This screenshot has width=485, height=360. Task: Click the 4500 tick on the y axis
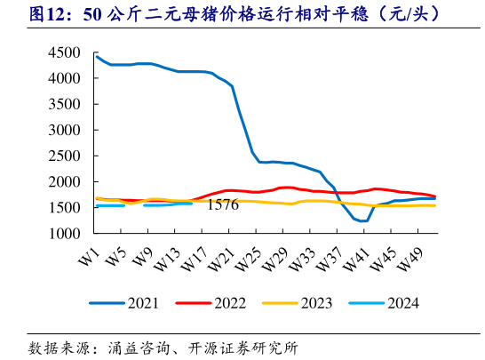coord(69,52)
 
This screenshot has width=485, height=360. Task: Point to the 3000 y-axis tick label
coord(69,130)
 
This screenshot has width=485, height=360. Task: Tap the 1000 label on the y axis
coord(69,234)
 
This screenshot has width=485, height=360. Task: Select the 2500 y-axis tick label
coord(69,156)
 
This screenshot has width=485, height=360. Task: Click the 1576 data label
coord(223,205)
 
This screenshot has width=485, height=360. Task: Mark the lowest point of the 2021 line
coord(362,221)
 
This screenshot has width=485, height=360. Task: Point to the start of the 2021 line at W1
coord(96,56)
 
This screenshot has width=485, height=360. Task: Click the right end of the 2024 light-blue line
coord(192,204)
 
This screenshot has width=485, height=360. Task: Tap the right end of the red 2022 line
coord(435,196)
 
